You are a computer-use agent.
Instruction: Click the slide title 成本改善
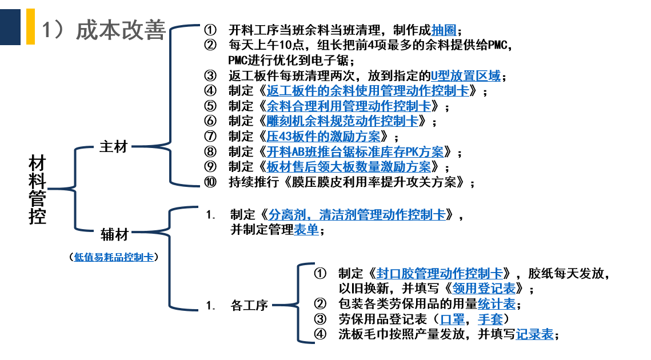point(120,30)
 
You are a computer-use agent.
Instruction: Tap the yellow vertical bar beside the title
point(30,26)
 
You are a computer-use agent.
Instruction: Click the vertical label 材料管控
point(38,189)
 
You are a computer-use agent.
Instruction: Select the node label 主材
point(113,147)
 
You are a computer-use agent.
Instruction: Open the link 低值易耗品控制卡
point(114,257)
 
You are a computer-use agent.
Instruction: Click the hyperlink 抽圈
point(444,30)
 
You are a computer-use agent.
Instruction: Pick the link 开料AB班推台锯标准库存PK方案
point(355,152)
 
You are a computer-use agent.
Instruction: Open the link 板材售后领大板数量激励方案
point(349,167)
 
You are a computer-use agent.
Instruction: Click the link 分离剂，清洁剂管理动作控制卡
point(357,215)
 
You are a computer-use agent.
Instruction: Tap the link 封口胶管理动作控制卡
point(440,273)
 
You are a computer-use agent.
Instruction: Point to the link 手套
point(490,319)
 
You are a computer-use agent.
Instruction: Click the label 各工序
point(249,305)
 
